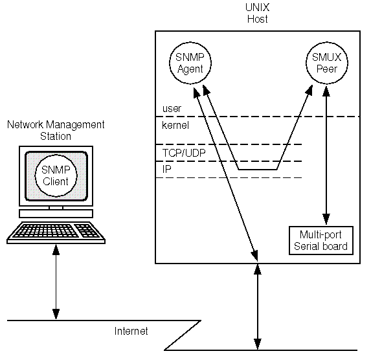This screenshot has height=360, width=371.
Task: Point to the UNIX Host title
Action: [258, 13]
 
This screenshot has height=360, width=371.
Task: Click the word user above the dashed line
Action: [172, 108]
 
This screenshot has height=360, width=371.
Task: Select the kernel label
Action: [175, 125]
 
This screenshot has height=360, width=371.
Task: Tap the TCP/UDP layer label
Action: [184, 153]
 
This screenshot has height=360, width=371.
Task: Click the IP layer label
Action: [166, 169]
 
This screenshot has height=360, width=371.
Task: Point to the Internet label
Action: [131, 331]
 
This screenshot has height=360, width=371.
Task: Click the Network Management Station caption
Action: [56, 130]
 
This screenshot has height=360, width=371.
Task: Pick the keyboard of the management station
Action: [56, 232]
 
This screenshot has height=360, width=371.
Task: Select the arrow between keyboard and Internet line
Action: [56, 282]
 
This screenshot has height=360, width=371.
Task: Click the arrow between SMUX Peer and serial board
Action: [326, 155]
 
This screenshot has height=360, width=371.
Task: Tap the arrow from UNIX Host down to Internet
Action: [258, 307]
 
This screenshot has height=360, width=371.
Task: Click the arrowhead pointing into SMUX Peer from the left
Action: [309, 90]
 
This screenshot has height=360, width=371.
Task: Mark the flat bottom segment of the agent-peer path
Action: [258, 170]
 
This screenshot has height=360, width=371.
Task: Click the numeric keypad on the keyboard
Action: [87, 231]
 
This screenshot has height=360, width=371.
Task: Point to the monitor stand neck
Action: [56, 208]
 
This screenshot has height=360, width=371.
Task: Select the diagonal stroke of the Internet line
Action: [183, 335]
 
